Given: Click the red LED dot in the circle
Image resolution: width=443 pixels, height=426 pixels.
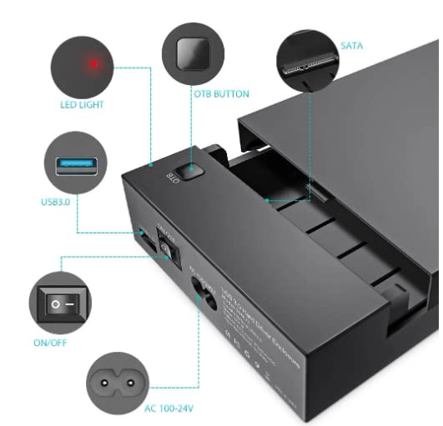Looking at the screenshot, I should click(95, 63).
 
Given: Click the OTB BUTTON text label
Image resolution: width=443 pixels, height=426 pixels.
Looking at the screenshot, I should click(221, 94).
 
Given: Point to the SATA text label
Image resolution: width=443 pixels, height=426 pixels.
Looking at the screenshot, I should click(351, 46).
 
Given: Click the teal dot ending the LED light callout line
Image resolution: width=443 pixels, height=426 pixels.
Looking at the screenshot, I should click(150, 166).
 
